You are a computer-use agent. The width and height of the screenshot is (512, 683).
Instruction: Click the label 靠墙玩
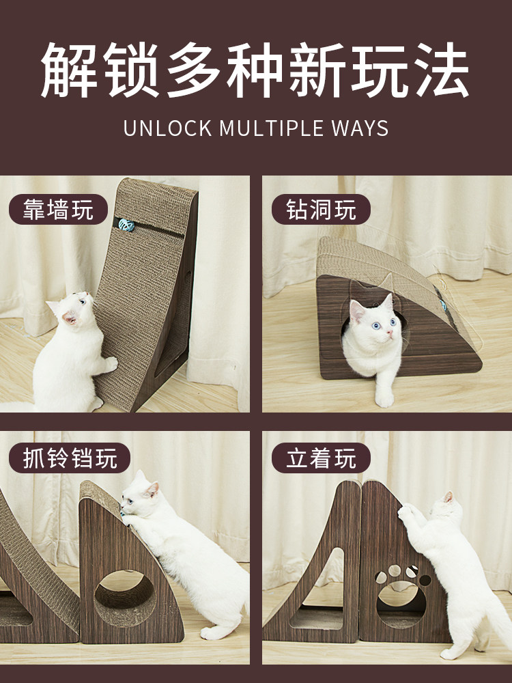pos(58,210)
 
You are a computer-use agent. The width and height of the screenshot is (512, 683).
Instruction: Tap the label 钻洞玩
pos(321,210)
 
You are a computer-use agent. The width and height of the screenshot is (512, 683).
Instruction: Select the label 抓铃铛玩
pos(70,458)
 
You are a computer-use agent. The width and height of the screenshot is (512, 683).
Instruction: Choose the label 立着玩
pos(321,458)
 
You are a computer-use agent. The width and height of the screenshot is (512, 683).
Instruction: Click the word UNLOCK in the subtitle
pos(168,128)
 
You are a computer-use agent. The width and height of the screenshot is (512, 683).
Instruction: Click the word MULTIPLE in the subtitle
pos(271,128)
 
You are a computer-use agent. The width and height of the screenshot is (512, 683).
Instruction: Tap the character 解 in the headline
pos(69,70)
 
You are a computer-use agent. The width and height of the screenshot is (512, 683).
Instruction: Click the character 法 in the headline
pos(442,70)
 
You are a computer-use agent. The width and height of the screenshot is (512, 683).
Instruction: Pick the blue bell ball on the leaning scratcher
pos(126,225)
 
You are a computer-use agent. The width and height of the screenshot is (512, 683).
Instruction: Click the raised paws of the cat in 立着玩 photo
pos(406,511)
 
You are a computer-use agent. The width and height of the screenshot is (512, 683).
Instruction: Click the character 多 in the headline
pos(194,70)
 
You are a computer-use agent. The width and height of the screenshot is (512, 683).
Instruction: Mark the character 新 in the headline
pos(317,70)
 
